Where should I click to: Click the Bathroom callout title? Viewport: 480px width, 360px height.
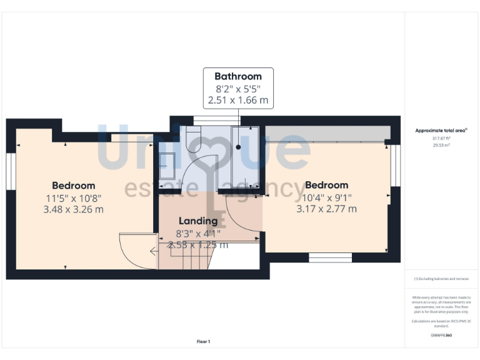(x=238, y=76)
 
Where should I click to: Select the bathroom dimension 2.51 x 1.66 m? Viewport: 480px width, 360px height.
(x=238, y=99)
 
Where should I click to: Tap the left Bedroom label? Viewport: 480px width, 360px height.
(x=74, y=185)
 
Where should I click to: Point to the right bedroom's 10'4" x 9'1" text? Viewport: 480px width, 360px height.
(x=326, y=197)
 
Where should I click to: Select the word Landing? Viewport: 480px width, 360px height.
(x=198, y=221)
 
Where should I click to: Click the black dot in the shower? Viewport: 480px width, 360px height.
(x=238, y=148)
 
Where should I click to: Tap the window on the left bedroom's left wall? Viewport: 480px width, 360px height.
(x=11, y=171)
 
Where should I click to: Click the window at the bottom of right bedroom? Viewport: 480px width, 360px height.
(x=330, y=257)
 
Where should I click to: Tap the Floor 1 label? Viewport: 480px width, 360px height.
(x=204, y=341)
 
